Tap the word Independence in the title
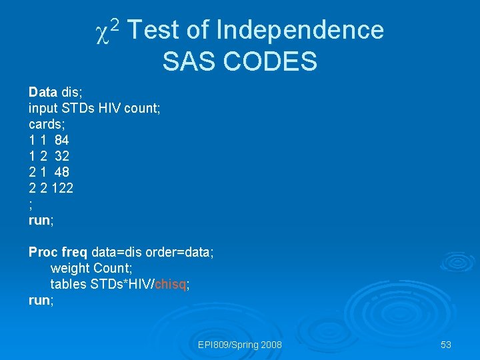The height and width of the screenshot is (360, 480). (300, 30)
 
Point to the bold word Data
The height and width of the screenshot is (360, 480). (43, 91)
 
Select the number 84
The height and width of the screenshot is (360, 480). (61, 140)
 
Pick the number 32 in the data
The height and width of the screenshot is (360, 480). (61, 156)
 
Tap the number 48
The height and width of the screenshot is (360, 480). (61, 172)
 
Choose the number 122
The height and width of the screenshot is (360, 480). (62, 188)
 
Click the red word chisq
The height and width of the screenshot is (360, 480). (170, 285)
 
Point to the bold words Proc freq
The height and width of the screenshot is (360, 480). (58, 253)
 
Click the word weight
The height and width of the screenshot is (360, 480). (70, 269)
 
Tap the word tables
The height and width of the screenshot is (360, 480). (69, 285)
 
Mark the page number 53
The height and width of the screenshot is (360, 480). (446, 345)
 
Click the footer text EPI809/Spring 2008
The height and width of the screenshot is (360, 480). (240, 345)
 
